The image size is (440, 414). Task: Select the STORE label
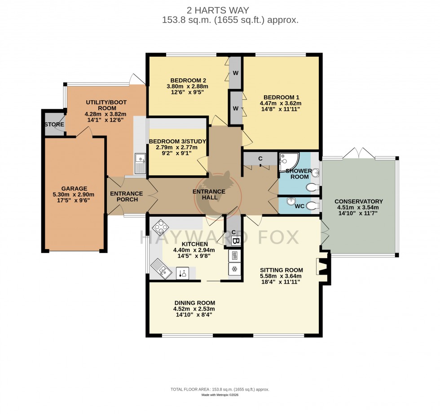[54, 125]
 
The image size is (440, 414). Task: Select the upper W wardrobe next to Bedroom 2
[235, 73]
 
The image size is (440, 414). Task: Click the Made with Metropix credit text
[220, 395]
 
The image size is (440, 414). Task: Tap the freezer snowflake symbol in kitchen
[235, 269]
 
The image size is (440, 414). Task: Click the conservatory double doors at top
[359, 154]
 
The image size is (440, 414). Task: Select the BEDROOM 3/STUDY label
[177, 141]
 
